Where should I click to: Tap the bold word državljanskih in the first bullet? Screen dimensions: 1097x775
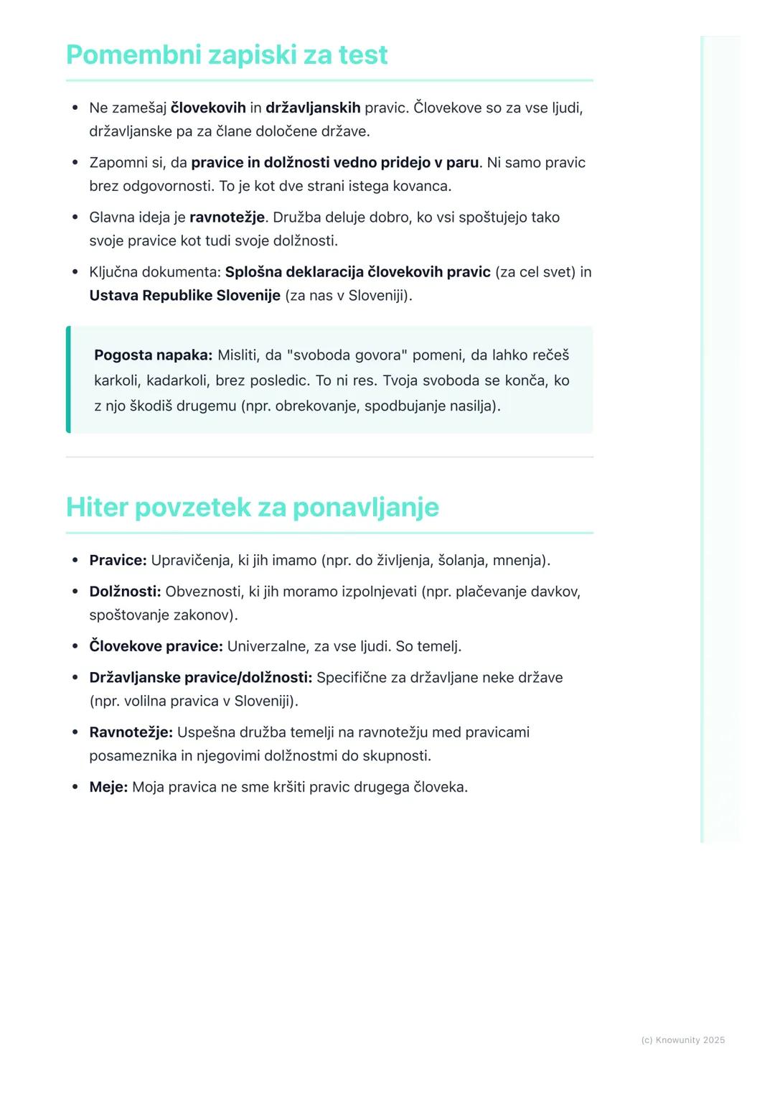click(x=313, y=108)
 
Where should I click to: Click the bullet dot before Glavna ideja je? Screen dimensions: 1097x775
click(x=75, y=217)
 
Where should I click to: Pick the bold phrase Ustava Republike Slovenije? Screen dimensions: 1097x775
click(x=184, y=295)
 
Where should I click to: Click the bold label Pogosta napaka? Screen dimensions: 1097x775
click(x=153, y=355)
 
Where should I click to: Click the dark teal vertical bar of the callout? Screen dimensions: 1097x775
click(x=68, y=380)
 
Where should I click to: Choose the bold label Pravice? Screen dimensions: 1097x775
click(x=118, y=560)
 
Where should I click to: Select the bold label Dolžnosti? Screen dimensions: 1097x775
click(x=125, y=592)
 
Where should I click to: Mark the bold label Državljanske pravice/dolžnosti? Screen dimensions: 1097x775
click(x=200, y=678)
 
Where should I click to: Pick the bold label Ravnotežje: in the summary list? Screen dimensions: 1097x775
click(x=131, y=732)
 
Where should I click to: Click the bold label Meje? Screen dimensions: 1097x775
click(x=108, y=787)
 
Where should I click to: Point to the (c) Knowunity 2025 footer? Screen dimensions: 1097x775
click(x=682, y=1040)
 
